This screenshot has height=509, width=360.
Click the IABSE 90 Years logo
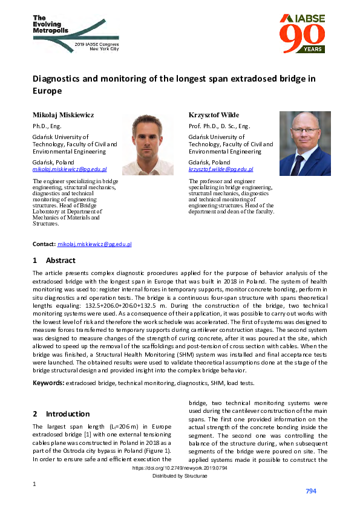tap(302, 33)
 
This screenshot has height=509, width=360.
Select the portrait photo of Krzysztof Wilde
tap(304, 144)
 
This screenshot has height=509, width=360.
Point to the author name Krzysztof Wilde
tap(214, 115)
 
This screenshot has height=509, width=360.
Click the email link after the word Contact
tap(94, 244)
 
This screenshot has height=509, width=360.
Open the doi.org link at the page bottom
tap(180, 468)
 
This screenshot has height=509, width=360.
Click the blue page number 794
tap(311, 491)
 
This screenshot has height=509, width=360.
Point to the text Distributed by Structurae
tap(180, 477)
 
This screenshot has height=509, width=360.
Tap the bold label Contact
tap(44, 244)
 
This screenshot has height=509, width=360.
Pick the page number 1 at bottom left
tap(34, 484)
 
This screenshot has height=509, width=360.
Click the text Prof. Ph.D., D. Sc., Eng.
tap(219, 126)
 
